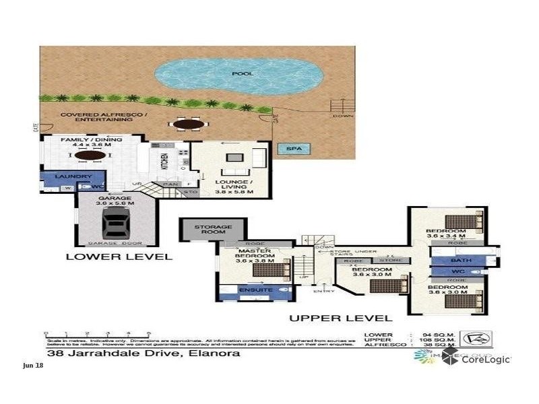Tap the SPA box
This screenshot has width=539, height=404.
292,149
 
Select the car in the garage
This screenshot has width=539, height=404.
117,221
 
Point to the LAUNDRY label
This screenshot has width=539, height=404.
73,176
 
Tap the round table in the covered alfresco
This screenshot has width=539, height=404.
188,124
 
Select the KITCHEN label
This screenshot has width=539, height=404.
164,162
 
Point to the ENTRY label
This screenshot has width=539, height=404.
323,291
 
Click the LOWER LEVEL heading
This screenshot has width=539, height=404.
119,257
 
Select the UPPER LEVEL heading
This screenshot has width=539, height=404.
340,318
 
